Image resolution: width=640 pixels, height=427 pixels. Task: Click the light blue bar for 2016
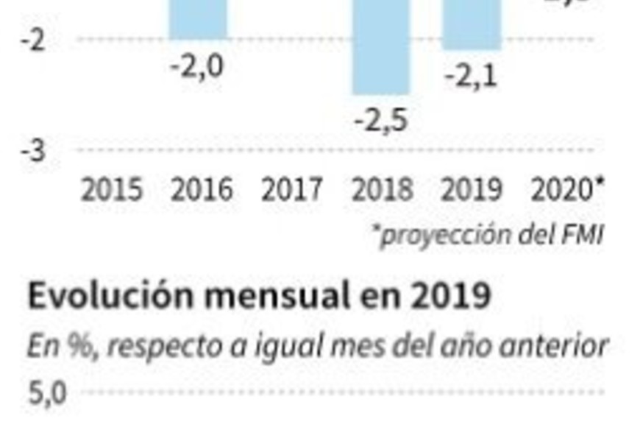coord(199,18)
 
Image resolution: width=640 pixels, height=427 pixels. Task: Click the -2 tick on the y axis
coord(32,40)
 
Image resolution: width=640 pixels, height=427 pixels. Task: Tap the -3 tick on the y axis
coord(32,151)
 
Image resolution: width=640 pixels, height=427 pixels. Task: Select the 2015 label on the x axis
coord(111,191)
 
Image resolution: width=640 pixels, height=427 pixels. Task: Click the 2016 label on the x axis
coord(202,191)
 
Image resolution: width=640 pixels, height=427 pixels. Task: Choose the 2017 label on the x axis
coord(291,191)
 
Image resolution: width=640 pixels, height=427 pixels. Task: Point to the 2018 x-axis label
coord(382,191)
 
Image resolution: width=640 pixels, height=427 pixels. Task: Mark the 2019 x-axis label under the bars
coord(472,191)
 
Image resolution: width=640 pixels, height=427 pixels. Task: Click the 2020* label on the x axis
coord(567,191)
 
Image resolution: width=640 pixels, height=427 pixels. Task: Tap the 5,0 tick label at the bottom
coord(46,394)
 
